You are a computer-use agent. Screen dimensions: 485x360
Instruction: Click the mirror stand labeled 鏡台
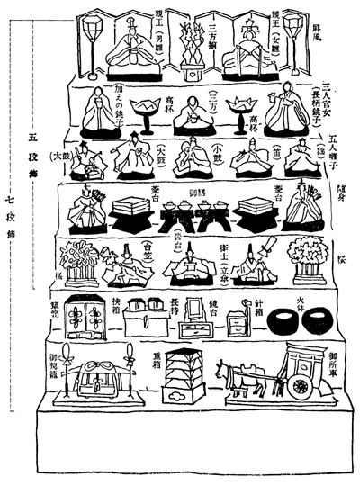click(196, 315)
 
